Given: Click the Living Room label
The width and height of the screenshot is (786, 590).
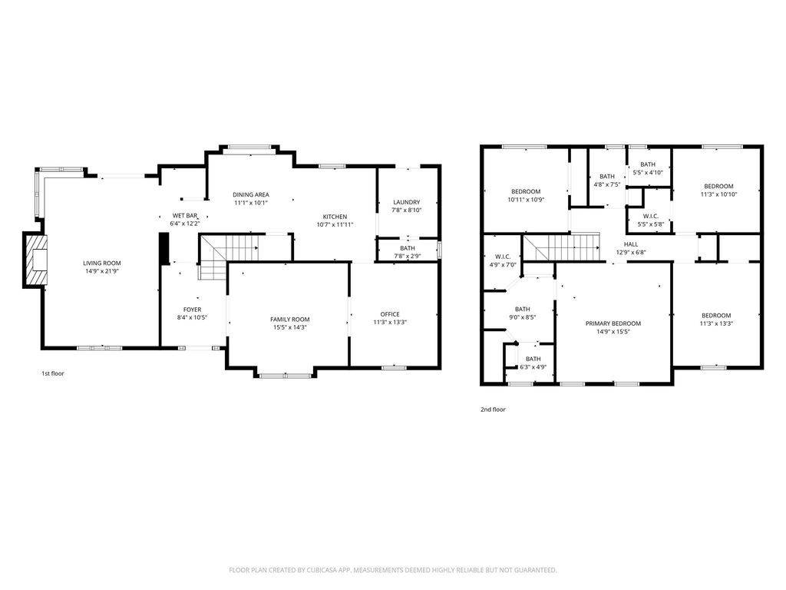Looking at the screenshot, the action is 102,263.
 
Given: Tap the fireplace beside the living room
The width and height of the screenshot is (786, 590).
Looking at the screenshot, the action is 37,260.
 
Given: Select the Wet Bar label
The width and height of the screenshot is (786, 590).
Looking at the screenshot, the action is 185,216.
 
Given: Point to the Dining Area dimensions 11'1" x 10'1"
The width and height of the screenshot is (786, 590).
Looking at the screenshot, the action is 251,203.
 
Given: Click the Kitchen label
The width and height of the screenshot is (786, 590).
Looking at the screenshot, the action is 335,217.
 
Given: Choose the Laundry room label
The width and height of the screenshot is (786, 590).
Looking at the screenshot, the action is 407,202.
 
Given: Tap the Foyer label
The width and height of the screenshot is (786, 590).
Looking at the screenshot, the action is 192,310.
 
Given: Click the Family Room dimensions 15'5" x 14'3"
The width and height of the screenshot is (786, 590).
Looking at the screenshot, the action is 290,327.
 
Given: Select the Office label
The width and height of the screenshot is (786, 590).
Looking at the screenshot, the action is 390,314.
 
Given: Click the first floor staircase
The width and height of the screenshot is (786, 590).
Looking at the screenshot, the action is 229,255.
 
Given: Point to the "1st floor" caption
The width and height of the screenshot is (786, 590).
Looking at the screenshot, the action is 53,373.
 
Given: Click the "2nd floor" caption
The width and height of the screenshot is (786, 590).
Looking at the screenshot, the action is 494,409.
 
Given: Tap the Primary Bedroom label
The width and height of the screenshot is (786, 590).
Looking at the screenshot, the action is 613,323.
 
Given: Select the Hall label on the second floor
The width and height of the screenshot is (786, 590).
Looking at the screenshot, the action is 631,244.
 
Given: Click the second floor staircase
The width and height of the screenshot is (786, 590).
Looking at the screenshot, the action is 561,247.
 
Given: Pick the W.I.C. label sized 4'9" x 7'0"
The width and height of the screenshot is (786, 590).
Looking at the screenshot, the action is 503,257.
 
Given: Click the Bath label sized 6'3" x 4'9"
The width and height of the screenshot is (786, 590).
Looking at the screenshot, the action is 533,359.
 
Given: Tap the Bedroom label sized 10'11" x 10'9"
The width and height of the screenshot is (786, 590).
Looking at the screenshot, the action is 526,191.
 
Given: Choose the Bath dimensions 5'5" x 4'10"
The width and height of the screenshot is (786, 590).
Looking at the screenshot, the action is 648,172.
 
